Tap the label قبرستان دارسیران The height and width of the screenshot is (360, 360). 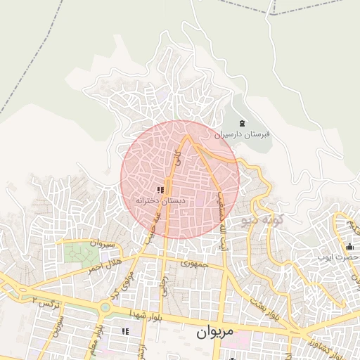tap(243, 134)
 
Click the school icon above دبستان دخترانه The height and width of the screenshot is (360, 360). tap(161, 189)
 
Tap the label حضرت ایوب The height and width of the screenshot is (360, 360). tap(342, 257)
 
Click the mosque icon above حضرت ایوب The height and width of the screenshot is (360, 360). tap(349, 246)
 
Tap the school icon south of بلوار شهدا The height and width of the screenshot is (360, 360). tap(126, 330)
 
